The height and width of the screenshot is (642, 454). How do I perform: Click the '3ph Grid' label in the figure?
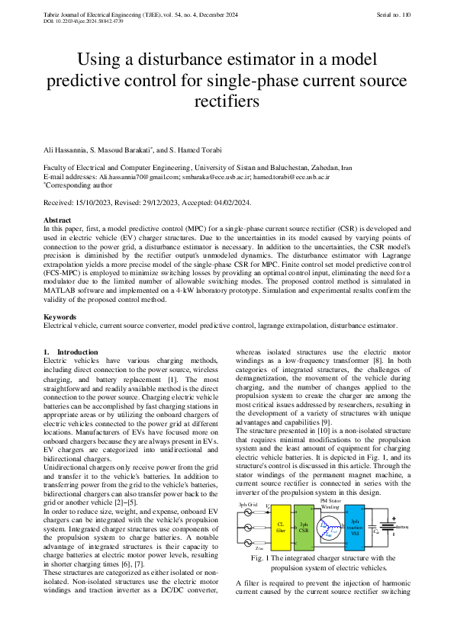(248, 505)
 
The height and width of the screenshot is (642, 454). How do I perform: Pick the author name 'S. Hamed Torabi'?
(194, 149)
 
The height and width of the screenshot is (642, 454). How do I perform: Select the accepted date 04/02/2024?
(229, 203)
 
